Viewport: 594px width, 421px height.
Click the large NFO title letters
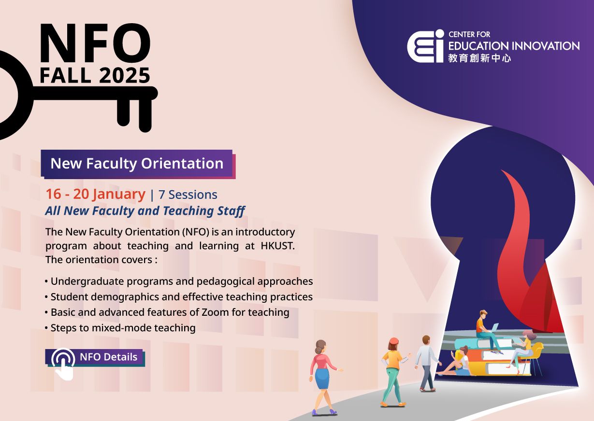pyautogui.click(x=95, y=43)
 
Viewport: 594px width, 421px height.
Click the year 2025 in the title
pyautogui.click(x=125, y=75)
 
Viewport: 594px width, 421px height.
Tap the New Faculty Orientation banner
pyautogui.click(x=138, y=164)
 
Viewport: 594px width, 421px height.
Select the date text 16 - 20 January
pyautogui.click(x=96, y=194)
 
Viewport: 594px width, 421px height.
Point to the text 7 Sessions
pyautogui.click(x=188, y=195)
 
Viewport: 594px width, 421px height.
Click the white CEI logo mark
pyautogui.click(x=426, y=46)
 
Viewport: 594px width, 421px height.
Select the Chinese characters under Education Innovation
pyautogui.click(x=479, y=58)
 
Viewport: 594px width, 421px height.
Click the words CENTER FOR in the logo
pyautogui.click(x=469, y=34)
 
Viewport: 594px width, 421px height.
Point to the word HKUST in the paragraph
pyautogui.click(x=277, y=246)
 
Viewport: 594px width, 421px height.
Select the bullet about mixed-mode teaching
pyautogui.click(x=120, y=328)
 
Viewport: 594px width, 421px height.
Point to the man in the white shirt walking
pyautogui.click(x=427, y=363)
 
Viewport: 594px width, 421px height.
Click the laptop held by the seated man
pyautogui.click(x=493, y=328)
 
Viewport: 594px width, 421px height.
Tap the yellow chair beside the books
pyautogui.click(x=533, y=356)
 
